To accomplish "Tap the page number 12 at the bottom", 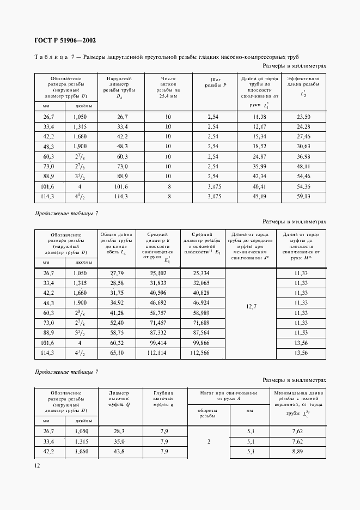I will click(37, 465).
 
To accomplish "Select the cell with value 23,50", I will click(303, 117).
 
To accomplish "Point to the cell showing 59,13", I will click(303, 196).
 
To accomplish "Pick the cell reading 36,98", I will click(303, 156).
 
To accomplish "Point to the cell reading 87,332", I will click(158, 332).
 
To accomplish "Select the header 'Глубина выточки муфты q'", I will click(163, 399).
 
